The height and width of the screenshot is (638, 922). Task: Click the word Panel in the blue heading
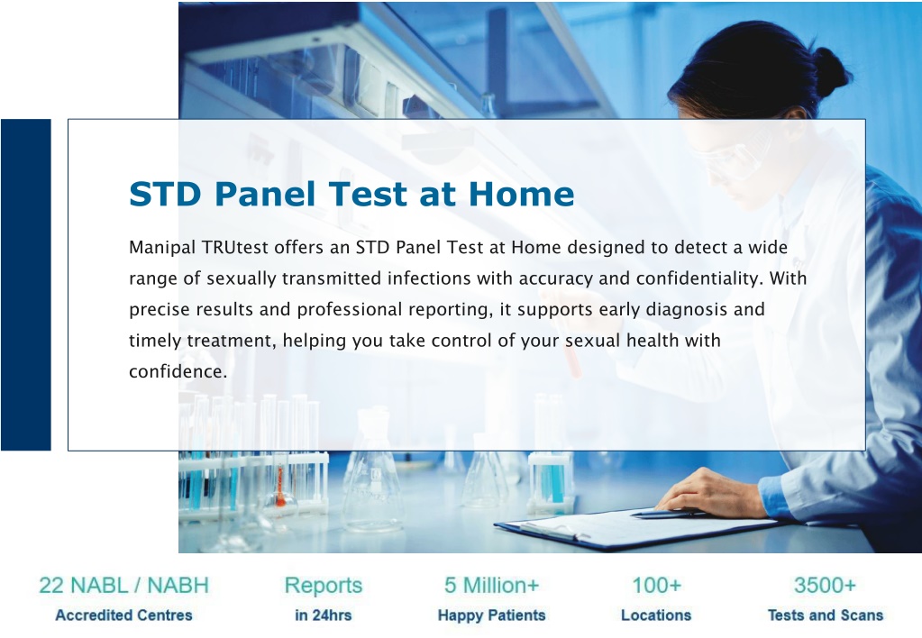(x=265, y=194)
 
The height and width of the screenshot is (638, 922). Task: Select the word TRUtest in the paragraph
(x=235, y=247)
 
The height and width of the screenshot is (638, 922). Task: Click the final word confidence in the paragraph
(x=178, y=371)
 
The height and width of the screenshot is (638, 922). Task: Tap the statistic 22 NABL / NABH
(x=123, y=586)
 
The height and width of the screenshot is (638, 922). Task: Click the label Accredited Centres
(x=123, y=615)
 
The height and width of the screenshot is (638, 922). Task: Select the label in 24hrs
(x=323, y=615)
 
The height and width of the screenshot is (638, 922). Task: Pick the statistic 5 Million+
(x=491, y=586)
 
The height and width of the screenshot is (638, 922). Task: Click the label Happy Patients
(x=491, y=615)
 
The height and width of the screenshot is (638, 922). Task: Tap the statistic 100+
(x=656, y=586)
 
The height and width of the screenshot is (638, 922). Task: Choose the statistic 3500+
(x=825, y=586)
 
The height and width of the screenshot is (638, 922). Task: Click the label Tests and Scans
(x=826, y=615)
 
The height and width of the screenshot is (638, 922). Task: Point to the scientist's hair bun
(x=830, y=72)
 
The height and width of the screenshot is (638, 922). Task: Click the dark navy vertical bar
(x=26, y=285)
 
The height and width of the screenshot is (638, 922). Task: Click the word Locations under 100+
(x=656, y=615)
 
